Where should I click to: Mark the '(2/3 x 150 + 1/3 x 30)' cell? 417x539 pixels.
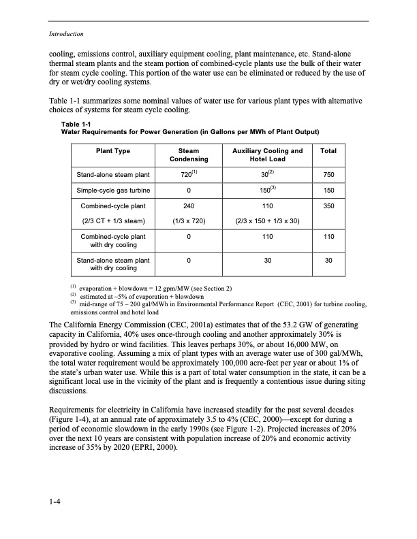pyautogui.click(x=267, y=220)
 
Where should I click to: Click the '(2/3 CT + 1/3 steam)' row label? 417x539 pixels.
pyautogui.click(x=113, y=220)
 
